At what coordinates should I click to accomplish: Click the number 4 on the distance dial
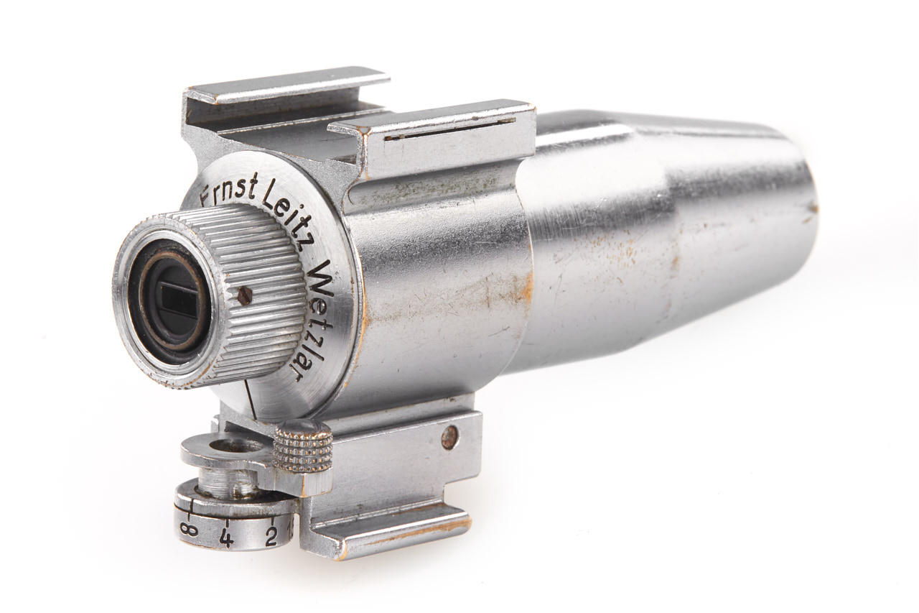pos(226,537)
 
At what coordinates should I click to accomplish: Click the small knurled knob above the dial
pos(302,446)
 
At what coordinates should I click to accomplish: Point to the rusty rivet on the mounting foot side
pos(449,435)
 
